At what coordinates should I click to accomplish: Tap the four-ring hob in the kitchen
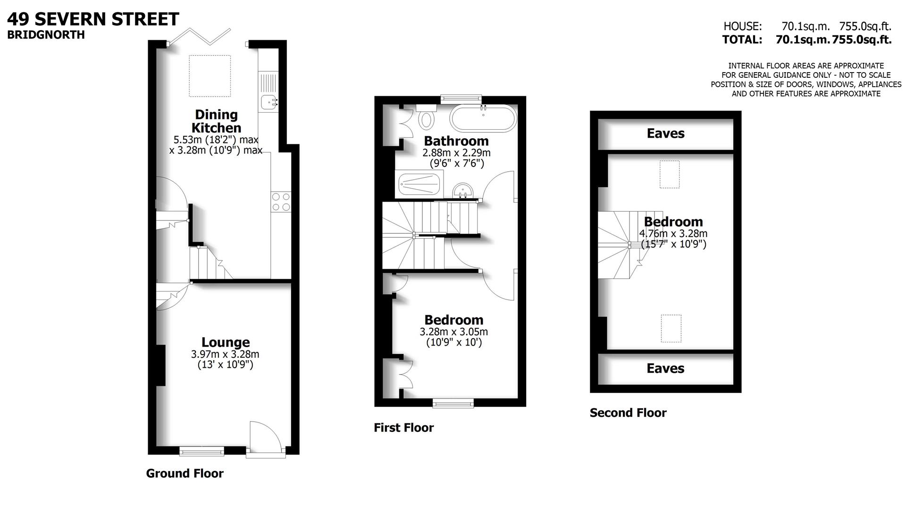tap(281, 202)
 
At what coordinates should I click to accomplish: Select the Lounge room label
tap(226, 342)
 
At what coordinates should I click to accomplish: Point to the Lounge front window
tap(201, 452)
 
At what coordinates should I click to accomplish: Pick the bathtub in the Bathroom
tap(483, 118)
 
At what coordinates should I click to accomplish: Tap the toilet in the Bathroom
tap(428, 118)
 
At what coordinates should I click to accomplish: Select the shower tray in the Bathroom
tap(419, 184)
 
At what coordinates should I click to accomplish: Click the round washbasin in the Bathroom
tap(463, 191)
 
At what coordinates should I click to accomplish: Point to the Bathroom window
tap(461, 99)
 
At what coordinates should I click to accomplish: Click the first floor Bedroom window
tap(453, 403)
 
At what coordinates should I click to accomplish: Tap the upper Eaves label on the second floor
tap(665, 133)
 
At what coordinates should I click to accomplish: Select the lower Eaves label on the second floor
tap(665, 368)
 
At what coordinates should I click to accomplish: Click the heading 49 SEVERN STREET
tap(93, 19)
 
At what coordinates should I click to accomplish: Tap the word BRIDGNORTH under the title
tap(46, 35)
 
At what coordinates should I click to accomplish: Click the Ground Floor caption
tap(185, 473)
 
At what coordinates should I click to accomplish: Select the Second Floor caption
tap(628, 413)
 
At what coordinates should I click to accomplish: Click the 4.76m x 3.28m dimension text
tap(673, 233)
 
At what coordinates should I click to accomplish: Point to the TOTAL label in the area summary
tap(742, 40)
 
